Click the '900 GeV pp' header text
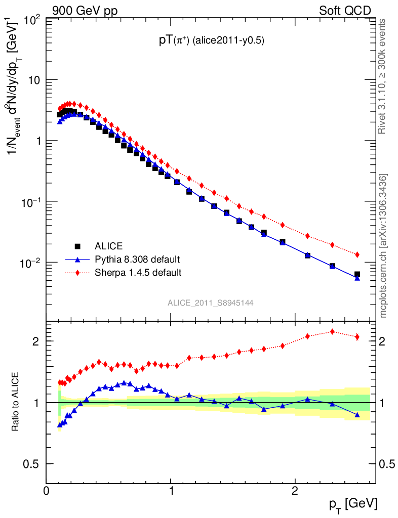[84, 11]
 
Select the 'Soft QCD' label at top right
[345, 11]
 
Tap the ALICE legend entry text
[108, 246]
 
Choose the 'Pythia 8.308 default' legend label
[137, 260]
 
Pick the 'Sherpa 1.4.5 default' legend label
[138, 273]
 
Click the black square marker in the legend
[77, 246]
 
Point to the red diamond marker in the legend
[77, 273]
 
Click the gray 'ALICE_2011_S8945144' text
[211, 303]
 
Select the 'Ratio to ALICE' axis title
[16, 401]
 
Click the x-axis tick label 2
[295, 491]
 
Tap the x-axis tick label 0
[47, 491]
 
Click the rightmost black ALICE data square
[357, 274]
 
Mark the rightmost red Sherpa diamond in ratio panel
[357, 337]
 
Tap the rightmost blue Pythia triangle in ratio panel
[357, 415]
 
